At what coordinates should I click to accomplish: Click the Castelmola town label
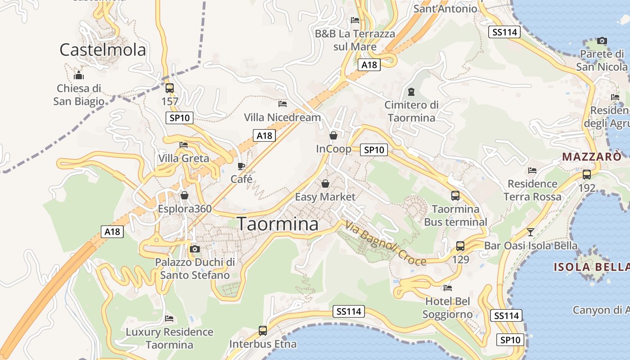click(x=103, y=49)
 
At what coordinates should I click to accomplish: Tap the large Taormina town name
click(x=278, y=224)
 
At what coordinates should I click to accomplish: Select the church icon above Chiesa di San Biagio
click(x=79, y=75)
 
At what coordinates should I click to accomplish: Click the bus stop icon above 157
click(x=170, y=88)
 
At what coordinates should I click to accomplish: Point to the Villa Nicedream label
click(x=282, y=117)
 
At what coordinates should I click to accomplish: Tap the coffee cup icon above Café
click(x=241, y=166)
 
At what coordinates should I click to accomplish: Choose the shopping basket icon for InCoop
click(x=333, y=135)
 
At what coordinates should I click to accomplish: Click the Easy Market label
click(x=325, y=197)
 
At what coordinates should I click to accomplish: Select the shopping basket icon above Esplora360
click(x=184, y=195)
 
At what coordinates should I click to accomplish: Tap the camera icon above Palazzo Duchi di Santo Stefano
click(x=195, y=249)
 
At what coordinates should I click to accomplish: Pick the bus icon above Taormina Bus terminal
click(x=455, y=196)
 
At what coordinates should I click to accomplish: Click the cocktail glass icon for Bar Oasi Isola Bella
click(x=531, y=232)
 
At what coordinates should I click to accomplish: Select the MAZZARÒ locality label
click(x=592, y=157)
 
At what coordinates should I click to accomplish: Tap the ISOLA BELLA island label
click(x=591, y=267)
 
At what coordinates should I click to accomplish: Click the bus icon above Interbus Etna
click(x=263, y=331)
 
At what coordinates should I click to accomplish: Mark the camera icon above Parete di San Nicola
click(x=602, y=41)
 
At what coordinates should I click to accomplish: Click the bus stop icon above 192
click(x=587, y=175)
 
